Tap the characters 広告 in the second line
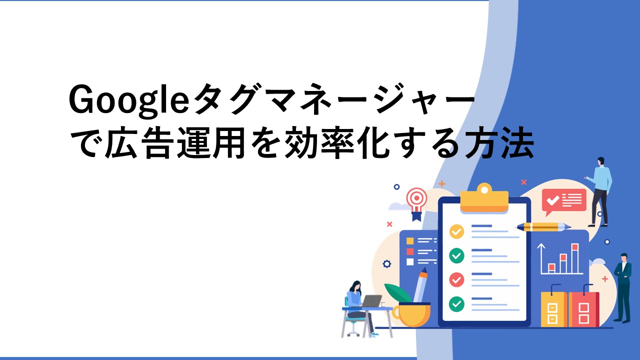coord(140,142)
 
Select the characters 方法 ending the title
coord(499,142)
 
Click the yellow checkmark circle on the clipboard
coord(456,231)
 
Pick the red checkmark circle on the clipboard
coord(456,279)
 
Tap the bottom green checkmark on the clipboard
coord(456,304)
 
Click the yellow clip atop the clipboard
coord(484,198)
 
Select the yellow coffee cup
coord(411,315)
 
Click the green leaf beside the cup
coord(398,293)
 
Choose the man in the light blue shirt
coord(599,191)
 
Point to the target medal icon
coord(417,203)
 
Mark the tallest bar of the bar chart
coord(575,258)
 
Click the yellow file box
coord(553,309)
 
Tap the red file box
coord(583,309)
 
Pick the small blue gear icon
coord(387,263)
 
